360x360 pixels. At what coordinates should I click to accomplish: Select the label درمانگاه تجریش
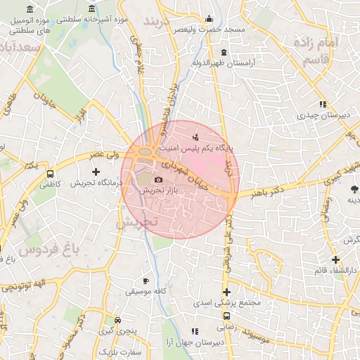click(96, 182)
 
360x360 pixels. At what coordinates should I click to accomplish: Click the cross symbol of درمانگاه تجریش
click(96, 172)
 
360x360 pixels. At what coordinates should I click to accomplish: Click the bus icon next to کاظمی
click(50, 172)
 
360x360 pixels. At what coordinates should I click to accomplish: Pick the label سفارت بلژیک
click(120, 351)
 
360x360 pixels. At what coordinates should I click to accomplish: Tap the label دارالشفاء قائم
click(335, 271)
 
